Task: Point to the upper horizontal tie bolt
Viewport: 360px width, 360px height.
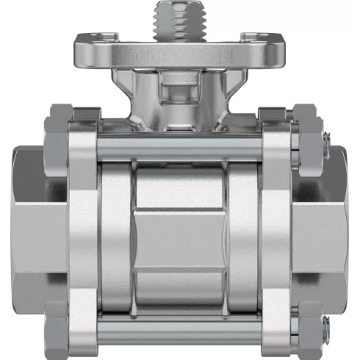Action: (x=180, y=147)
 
